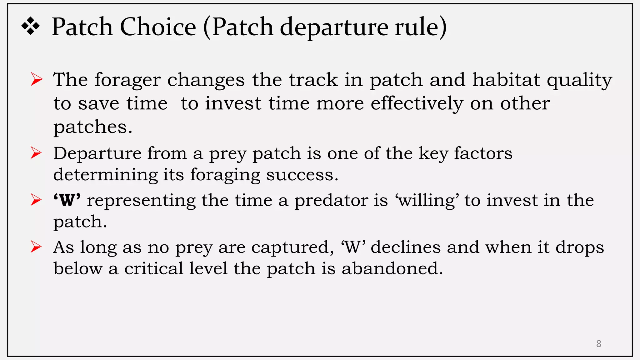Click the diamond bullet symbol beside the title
(31, 27)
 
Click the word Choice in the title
(158, 27)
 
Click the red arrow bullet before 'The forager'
(37, 79)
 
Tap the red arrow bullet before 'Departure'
(36, 153)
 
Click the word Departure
(97, 154)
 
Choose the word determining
(105, 175)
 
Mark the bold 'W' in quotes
(67, 200)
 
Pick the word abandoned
(392, 268)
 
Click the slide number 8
(598, 344)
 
